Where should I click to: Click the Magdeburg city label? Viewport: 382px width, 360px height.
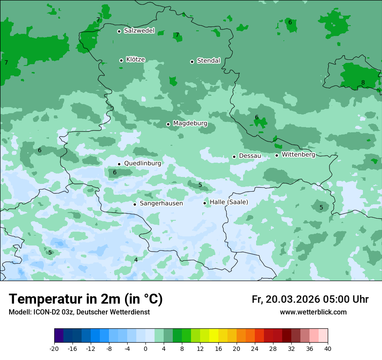[x=190, y=124]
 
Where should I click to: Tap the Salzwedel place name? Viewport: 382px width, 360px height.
[x=139, y=31]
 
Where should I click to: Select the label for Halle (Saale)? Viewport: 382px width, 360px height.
[x=229, y=203]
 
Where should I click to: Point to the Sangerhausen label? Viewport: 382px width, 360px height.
[x=161, y=203]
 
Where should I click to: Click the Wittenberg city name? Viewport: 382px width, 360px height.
[x=298, y=154]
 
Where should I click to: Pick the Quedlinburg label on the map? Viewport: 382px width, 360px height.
[x=142, y=164]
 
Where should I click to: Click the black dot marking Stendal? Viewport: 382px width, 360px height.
[x=192, y=62]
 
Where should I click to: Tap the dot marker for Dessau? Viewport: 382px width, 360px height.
[x=234, y=157]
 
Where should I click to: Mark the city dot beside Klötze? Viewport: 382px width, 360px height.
[x=121, y=60]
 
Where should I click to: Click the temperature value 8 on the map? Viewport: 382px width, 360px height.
[x=363, y=83]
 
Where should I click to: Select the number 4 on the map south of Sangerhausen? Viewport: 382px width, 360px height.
[x=136, y=260]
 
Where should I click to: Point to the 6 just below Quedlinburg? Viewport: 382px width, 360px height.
[x=115, y=173]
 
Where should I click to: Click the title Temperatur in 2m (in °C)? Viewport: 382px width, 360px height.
[x=86, y=299]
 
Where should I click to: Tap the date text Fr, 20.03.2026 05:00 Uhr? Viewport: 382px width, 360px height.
[x=310, y=300]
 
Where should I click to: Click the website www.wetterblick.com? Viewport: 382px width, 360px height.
[x=313, y=312]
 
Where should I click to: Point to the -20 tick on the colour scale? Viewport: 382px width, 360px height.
[x=54, y=348]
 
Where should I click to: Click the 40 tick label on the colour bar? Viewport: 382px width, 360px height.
[x=327, y=348]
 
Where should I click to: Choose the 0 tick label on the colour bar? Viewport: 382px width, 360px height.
[x=145, y=348]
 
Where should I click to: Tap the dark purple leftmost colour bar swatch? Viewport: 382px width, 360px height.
[x=59, y=336]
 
